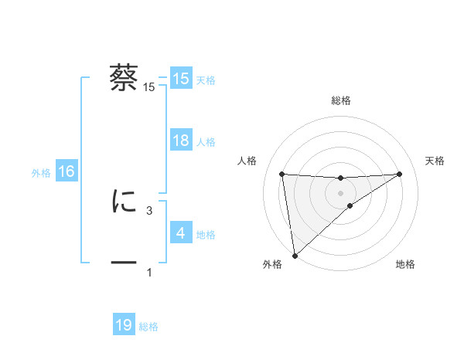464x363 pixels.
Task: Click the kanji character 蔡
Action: click(x=125, y=78)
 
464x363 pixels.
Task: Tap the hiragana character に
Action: click(x=125, y=202)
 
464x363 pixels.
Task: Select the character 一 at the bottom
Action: click(x=125, y=263)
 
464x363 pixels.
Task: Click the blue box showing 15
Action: click(x=181, y=79)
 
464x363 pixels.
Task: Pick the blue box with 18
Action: click(x=181, y=141)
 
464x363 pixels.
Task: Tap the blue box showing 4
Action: click(x=181, y=232)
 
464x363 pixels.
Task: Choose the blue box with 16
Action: click(x=67, y=171)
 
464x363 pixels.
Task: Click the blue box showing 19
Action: click(x=124, y=325)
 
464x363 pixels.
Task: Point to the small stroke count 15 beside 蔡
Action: click(x=149, y=87)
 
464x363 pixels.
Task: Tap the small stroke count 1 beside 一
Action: click(x=149, y=273)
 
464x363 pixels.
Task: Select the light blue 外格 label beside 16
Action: click(x=41, y=173)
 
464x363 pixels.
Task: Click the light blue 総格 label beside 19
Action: click(x=148, y=327)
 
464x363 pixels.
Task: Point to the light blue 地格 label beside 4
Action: click(x=206, y=234)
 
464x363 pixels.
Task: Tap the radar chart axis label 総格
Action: click(x=341, y=100)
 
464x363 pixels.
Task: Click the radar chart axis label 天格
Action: click(x=435, y=161)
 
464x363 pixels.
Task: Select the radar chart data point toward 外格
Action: click(x=295, y=255)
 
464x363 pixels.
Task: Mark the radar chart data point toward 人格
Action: click(x=282, y=174)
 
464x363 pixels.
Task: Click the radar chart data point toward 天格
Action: click(x=400, y=174)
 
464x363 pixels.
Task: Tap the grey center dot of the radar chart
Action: click(x=341, y=192)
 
